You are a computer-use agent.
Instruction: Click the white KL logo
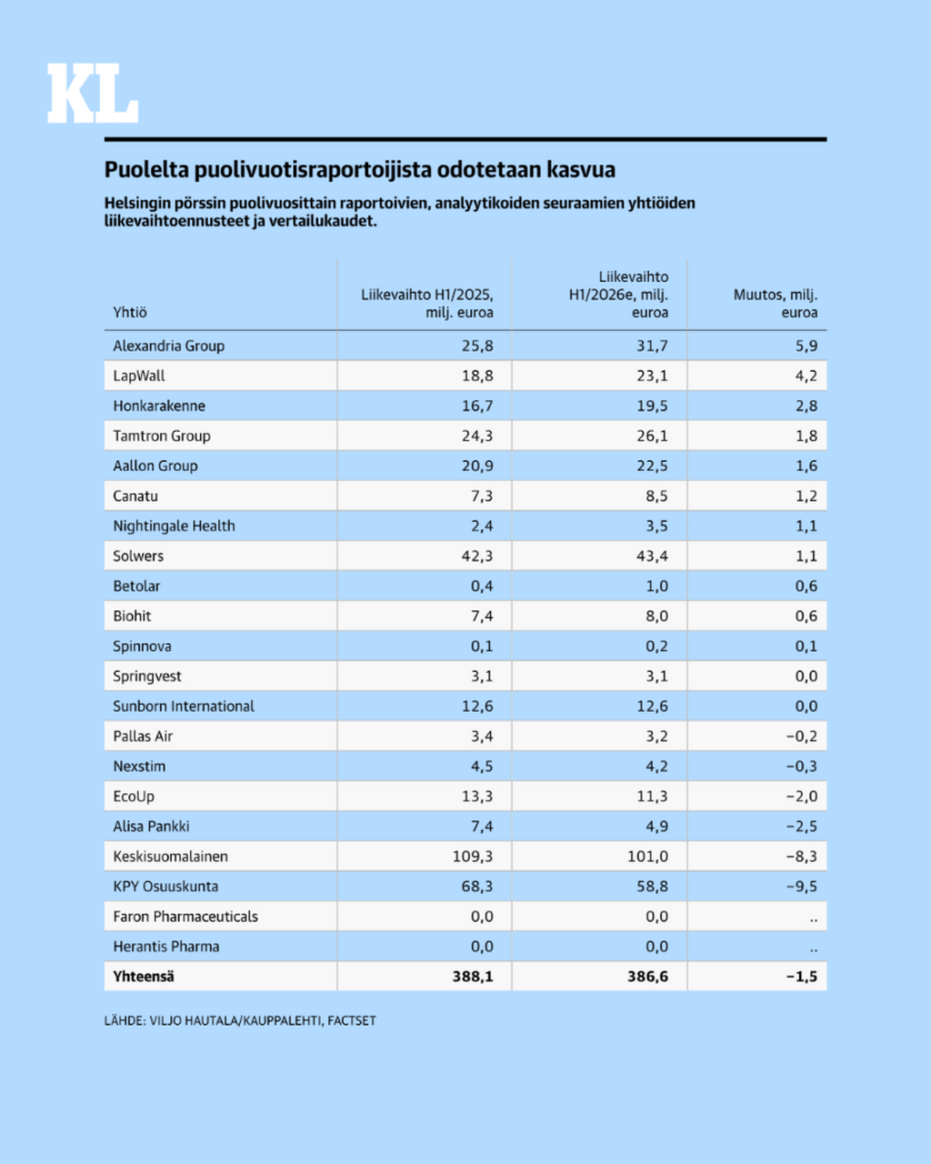[x=93, y=93]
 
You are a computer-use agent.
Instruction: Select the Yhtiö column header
[x=130, y=313]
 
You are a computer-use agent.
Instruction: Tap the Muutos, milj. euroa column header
[x=776, y=304]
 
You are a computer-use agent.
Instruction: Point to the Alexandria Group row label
[x=169, y=346]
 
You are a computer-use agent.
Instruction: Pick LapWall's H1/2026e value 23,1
[x=652, y=376]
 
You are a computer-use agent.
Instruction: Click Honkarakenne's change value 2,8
[x=806, y=406]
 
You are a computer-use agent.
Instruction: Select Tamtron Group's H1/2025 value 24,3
[x=477, y=436]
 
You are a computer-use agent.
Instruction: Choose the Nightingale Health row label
[x=175, y=526]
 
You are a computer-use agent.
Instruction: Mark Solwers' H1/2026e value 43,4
[x=652, y=556]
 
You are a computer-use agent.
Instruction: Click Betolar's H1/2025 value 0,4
[x=482, y=586]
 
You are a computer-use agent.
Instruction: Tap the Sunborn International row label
[x=184, y=706]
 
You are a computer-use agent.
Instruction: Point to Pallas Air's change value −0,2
[x=802, y=737]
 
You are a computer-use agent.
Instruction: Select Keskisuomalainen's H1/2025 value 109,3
[x=473, y=857]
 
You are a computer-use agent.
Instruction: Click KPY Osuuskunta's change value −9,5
[x=802, y=886]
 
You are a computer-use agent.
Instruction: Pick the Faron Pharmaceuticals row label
[x=185, y=917]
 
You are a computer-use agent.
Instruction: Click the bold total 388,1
[x=473, y=977]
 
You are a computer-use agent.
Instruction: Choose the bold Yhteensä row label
[x=144, y=977]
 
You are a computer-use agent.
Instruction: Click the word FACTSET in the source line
[x=352, y=1020]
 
